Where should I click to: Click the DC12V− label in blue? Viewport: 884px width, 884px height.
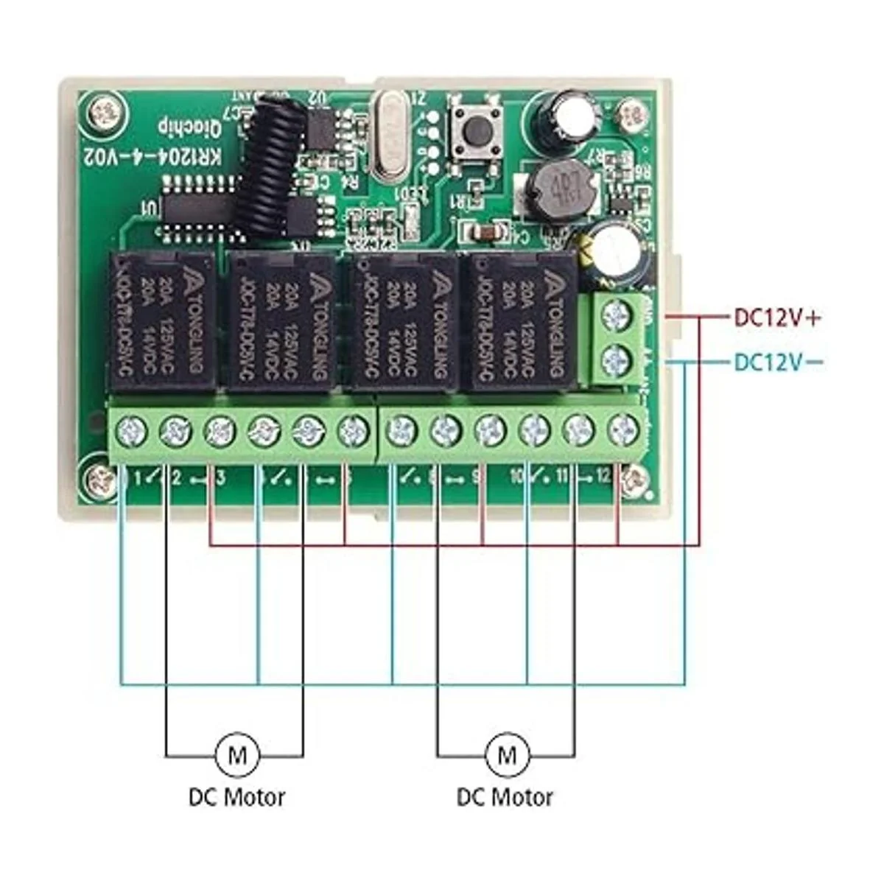point(777,362)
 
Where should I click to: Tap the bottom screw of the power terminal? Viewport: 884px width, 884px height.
point(615,361)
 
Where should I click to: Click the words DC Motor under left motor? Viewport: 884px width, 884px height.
point(236,796)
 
